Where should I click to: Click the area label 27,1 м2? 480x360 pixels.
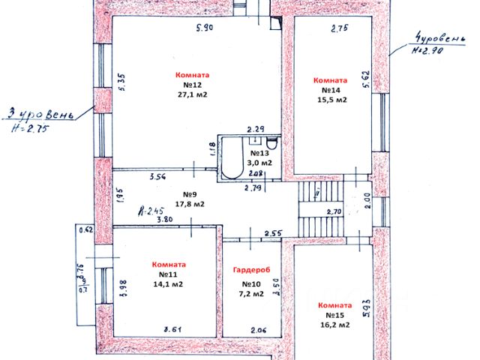coord(193,95)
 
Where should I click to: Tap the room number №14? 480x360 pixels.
coord(330,90)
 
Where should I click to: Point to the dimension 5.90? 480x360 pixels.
coord(204,28)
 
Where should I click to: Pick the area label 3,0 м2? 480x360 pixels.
coord(261,162)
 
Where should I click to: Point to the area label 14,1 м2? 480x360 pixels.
coord(169,283)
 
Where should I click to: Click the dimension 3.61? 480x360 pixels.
coord(174,328)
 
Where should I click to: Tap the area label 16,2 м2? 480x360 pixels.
coord(334,325)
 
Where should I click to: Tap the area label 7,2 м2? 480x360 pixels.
coord(252,294)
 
